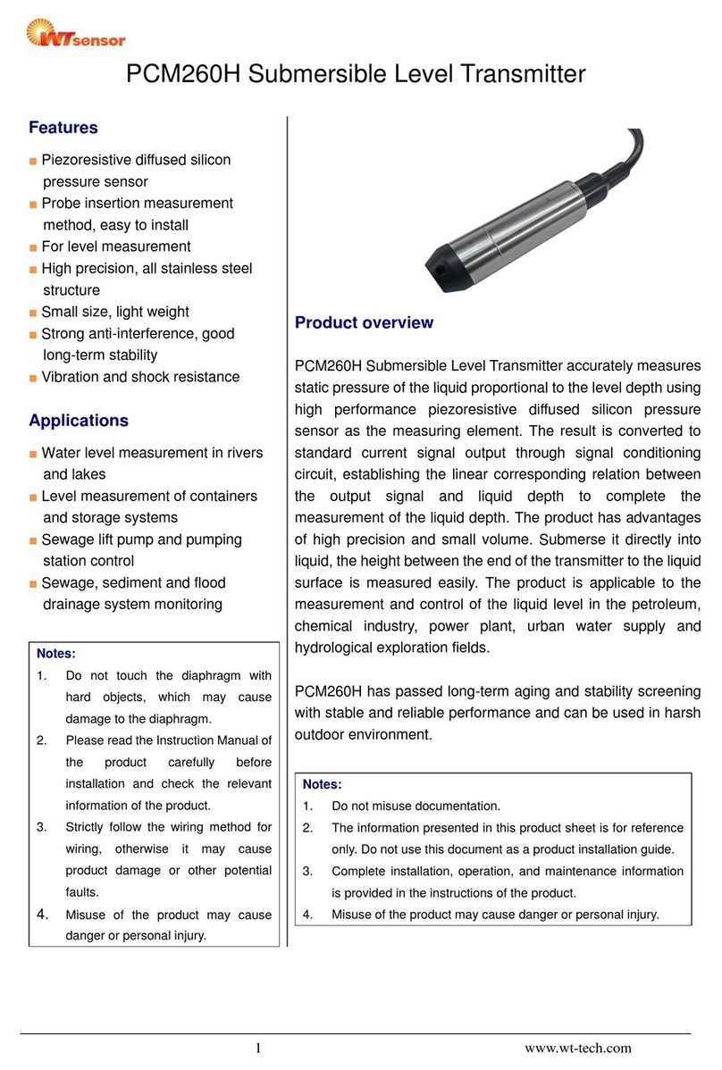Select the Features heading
pos(63,128)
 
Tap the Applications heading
pos(79,421)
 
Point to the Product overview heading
pos(364,322)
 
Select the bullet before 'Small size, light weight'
pos(33,313)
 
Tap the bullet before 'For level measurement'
pos(33,247)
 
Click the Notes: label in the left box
pos(55,654)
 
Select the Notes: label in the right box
pos(323,784)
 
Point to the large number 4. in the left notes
pos(42,914)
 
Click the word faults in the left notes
pos(84,891)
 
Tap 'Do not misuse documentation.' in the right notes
pos(416,806)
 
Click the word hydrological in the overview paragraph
pos(340,648)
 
